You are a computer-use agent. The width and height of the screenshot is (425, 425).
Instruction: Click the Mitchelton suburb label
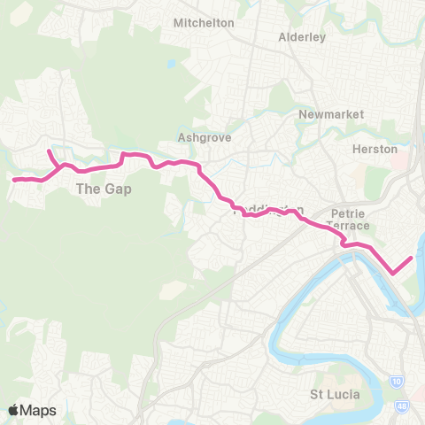pos(204,22)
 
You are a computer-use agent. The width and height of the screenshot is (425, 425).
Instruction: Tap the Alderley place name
pos(302,37)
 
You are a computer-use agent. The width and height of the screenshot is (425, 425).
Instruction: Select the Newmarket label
pos(325,115)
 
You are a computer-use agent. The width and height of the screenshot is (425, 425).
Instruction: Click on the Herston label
pos(375,149)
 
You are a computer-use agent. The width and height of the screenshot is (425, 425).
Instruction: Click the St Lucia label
pos(335,393)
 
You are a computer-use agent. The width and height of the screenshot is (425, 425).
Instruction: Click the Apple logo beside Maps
pos(15,410)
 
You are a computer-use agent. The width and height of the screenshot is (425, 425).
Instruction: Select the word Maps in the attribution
pos(38,410)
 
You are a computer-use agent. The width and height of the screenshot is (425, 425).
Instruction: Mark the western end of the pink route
pos(12,180)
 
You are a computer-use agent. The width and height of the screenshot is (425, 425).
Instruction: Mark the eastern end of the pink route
pos(412,258)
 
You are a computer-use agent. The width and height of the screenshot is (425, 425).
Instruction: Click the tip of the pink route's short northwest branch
pos(49,151)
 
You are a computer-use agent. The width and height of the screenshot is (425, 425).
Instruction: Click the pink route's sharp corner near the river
pos(392,274)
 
